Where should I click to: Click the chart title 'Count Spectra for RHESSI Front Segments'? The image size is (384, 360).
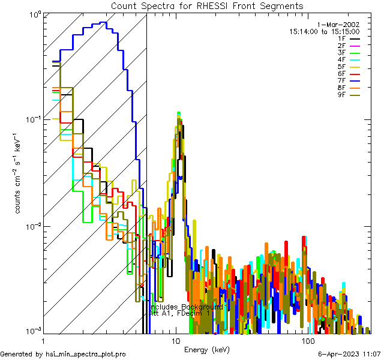click(x=207, y=6)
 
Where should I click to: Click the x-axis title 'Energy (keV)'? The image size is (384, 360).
click(x=207, y=349)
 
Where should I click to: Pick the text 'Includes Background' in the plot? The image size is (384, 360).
click(x=187, y=307)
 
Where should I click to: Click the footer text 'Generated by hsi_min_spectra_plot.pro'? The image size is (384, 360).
click(x=63, y=355)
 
